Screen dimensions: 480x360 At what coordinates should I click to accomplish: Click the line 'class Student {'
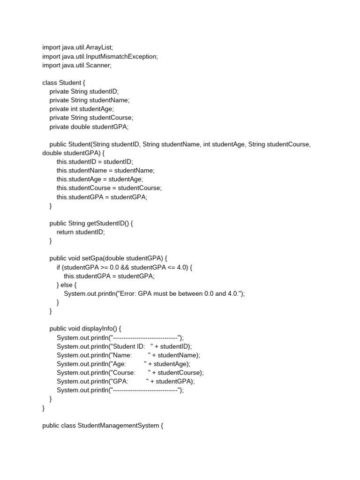(64, 82)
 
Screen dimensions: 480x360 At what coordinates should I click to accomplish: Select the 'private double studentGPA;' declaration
(89, 127)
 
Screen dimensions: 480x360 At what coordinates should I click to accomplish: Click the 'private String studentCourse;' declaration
(91, 118)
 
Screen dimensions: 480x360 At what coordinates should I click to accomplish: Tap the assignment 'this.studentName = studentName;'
(105, 171)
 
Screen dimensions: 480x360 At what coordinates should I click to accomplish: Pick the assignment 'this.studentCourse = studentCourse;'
(109, 188)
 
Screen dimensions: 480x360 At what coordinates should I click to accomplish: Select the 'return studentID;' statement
(81, 232)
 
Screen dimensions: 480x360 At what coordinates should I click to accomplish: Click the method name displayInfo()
(101, 329)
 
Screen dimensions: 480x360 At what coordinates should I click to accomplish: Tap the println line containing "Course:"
(130, 373)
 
